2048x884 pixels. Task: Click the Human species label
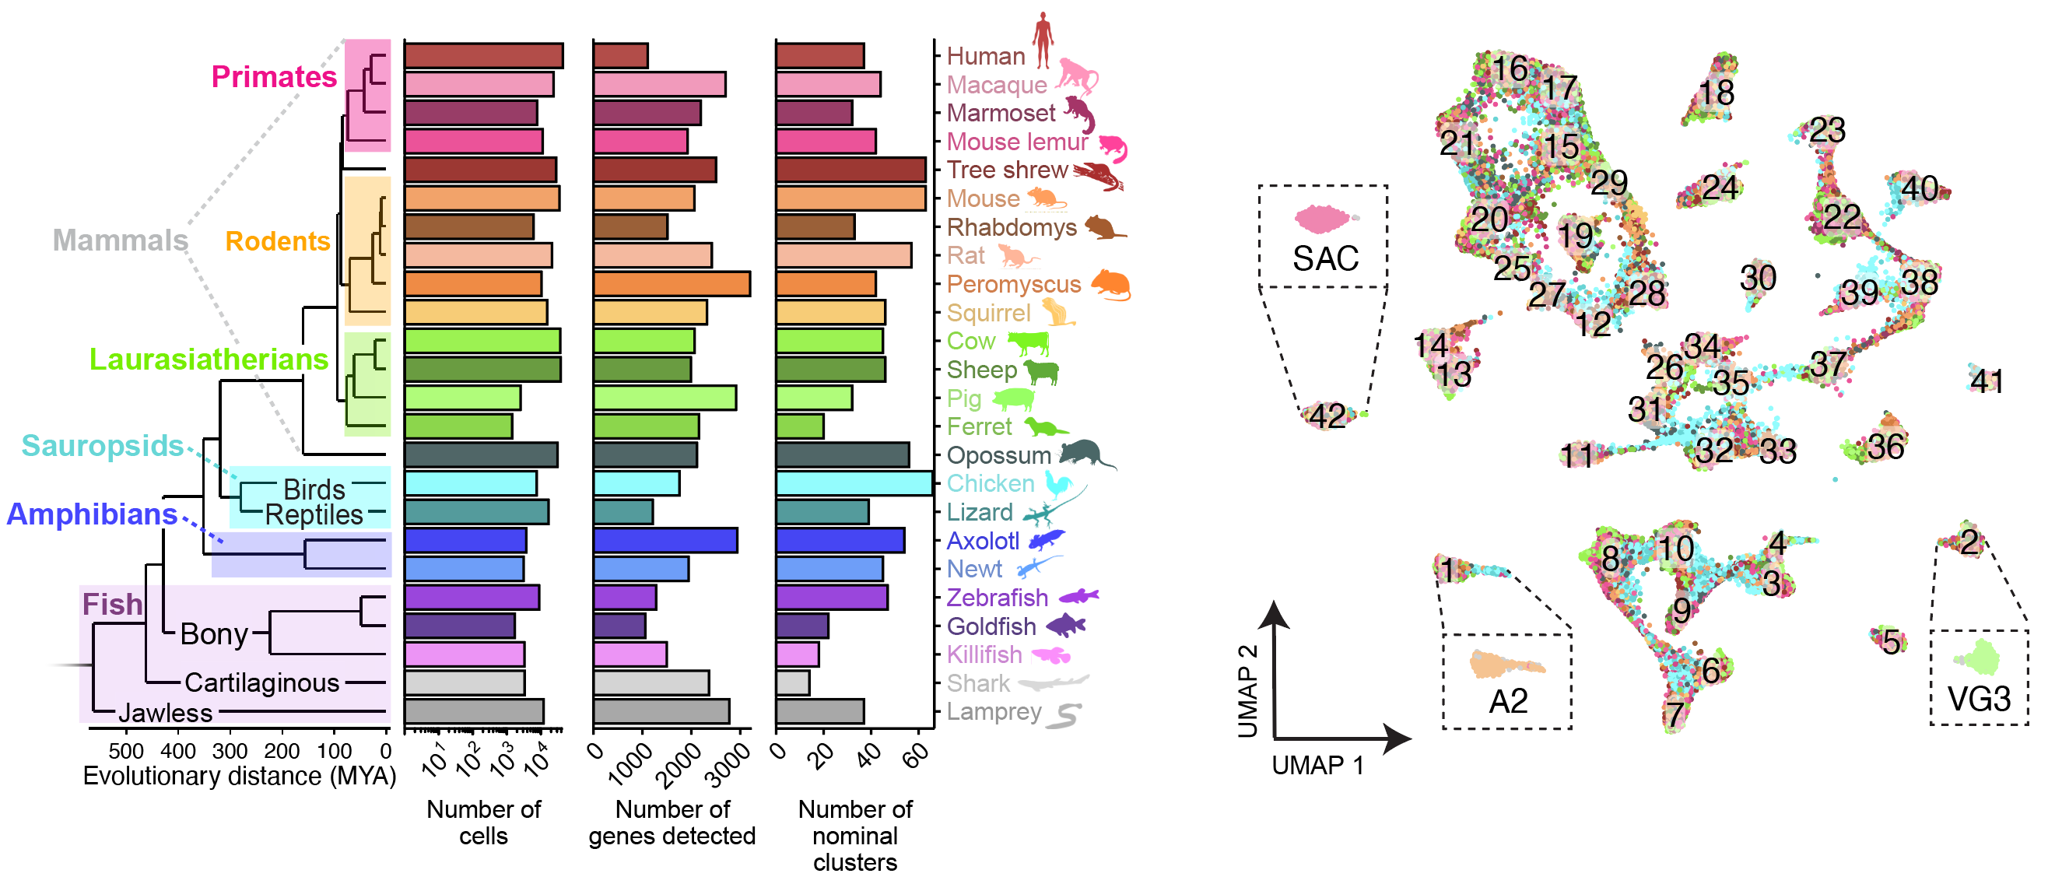[x=986, y=57]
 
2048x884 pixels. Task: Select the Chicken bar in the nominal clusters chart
[x=854, y=483]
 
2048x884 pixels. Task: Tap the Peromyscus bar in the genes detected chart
[x=672, y=284]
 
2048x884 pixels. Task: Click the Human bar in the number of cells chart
[x=483, y=56]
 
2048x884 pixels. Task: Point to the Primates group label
[x=274, y=76]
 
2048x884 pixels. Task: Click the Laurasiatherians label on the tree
[x=209, y=360]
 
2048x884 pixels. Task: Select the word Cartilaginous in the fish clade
[x=261, y=683]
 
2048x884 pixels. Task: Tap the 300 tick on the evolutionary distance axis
[x=230, y=750]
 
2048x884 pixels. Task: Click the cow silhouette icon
[x=1029, y=342]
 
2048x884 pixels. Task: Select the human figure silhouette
[x=1043, y=40]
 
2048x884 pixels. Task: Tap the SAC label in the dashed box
[x=1325, y=258]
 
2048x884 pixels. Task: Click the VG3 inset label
[x=1979, y=700]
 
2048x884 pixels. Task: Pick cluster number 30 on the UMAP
[x=1758, y=279]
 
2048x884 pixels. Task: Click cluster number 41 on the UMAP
[x=1986, y=381]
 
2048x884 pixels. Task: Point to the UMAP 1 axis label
[x=1317, y=766]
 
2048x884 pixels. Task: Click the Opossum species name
[x=998, y=455]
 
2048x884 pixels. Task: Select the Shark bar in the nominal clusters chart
[x=793, y=683]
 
